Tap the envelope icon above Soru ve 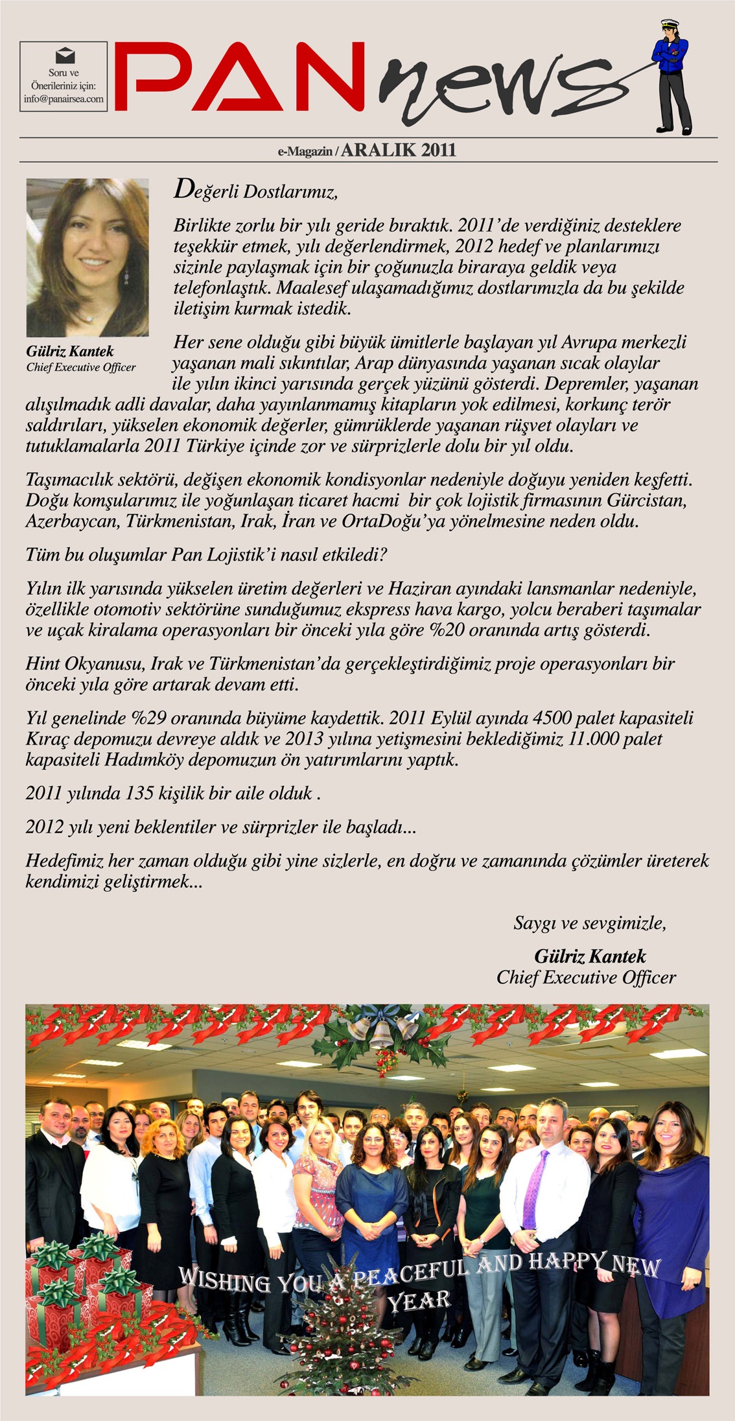click(x=64, y=56)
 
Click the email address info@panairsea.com click(x=64, y=99)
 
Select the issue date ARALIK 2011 click(x=399, y=150)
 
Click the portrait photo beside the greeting click(x=87, y=257)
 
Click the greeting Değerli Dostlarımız click(x=256, y=191)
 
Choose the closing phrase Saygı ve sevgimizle click(x=589, y=922)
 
